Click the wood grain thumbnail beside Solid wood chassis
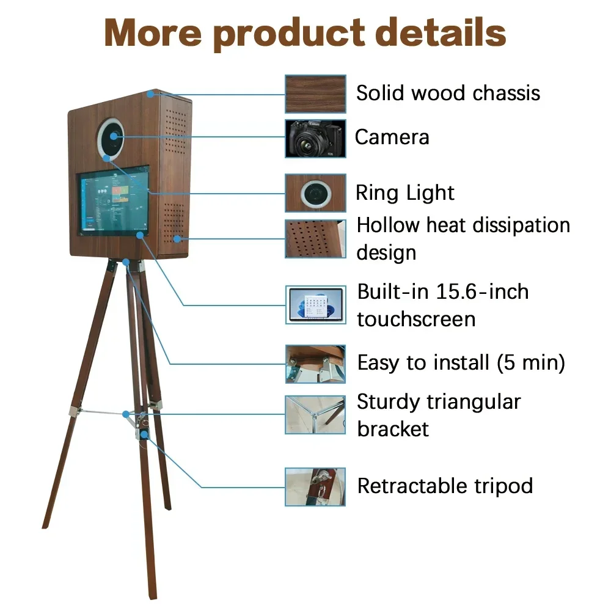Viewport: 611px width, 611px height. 315,93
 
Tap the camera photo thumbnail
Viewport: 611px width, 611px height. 315,138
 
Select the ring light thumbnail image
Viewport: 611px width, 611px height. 315,193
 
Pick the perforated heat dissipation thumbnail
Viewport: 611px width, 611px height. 315,239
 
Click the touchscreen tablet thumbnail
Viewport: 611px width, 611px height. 315,305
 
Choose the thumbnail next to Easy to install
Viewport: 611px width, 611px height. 315,364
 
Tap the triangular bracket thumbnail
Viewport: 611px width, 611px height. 315,415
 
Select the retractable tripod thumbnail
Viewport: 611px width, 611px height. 315,486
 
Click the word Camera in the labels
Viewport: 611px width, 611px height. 392,137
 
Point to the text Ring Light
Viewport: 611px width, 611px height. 405,193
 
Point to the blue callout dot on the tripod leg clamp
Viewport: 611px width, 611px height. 145,434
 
